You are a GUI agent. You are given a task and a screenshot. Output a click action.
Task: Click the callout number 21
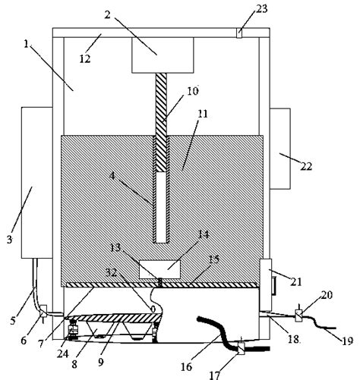pos(296,281)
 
